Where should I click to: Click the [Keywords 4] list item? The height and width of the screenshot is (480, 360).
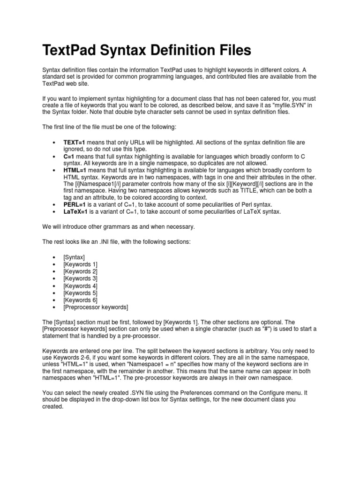80,286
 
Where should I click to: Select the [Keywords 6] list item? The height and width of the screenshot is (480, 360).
80,300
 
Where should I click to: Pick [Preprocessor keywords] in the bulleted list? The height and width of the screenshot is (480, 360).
95,307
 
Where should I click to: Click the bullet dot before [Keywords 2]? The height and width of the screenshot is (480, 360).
55,272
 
